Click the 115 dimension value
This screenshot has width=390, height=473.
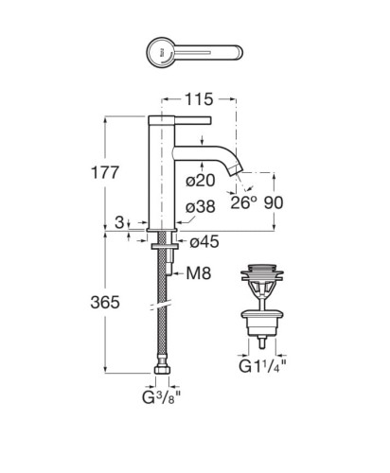(x=199, y=99)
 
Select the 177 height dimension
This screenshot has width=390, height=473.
(x=105, y=172)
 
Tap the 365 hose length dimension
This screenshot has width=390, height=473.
(x=105, y=303)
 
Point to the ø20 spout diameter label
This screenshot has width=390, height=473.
(x=201, y=181)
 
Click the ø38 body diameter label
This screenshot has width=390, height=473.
(x=201, y=207)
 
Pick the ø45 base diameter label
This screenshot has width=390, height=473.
(x=204, y=242)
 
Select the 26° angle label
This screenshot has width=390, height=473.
(x=243, y=202)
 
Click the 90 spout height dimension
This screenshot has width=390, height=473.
(x=274, y=202)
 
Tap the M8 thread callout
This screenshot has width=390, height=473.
(x=199, y=273)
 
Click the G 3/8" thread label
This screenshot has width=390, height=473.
(x=162, y=397)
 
